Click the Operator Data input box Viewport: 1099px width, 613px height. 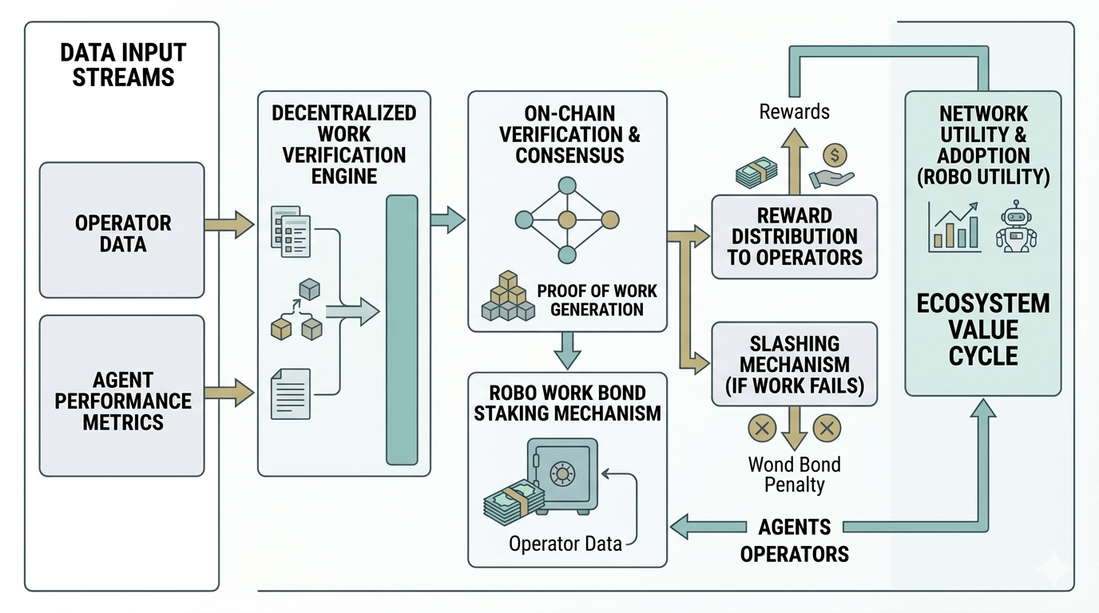122,230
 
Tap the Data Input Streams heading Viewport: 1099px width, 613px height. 122,65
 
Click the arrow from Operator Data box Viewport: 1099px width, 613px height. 229,225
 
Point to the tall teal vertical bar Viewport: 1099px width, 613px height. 402,329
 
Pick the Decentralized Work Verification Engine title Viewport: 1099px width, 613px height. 343,144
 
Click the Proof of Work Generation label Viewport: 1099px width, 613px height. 597,299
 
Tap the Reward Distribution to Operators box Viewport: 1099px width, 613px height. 794,236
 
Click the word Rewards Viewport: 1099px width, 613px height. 794,112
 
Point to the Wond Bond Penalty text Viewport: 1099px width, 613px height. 794,473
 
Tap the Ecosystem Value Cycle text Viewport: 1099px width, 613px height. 983,329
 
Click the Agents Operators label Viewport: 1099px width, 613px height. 794,540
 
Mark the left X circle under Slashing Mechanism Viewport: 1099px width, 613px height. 761,428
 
